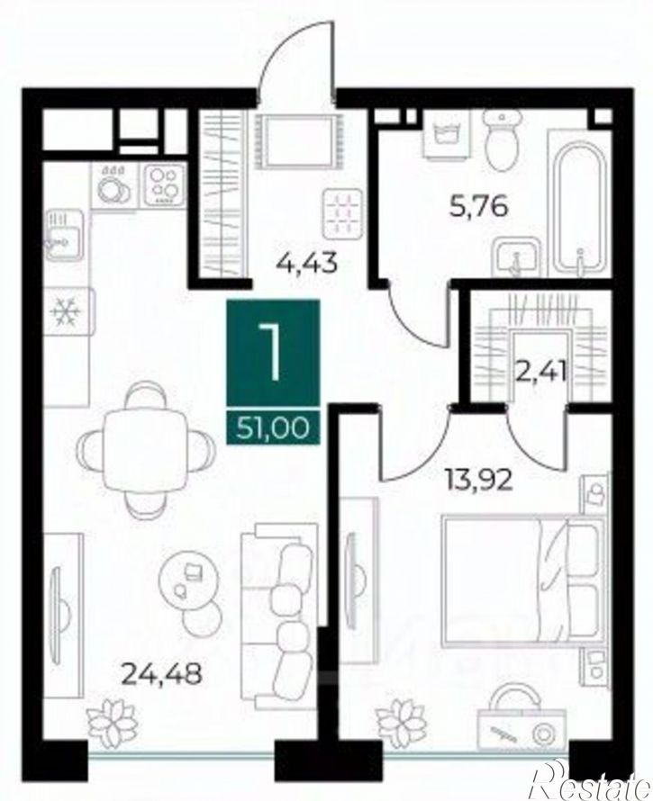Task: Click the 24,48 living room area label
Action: [x=162, y=674]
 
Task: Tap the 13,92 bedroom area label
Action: [x=478, y=481]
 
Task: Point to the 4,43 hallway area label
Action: [x=307, y=264]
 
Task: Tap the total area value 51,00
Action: [x=273, y=428]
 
